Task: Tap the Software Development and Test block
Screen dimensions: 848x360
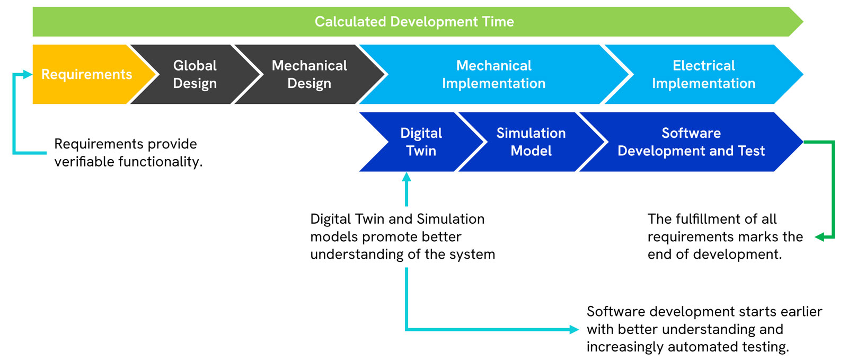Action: (691, 142)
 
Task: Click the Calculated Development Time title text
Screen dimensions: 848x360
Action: (414, 22)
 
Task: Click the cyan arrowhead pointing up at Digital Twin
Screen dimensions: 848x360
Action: (407, 177)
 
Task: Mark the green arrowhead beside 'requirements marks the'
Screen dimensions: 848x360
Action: (819, 238)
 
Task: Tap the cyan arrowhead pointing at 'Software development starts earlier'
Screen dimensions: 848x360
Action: (574, 329)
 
